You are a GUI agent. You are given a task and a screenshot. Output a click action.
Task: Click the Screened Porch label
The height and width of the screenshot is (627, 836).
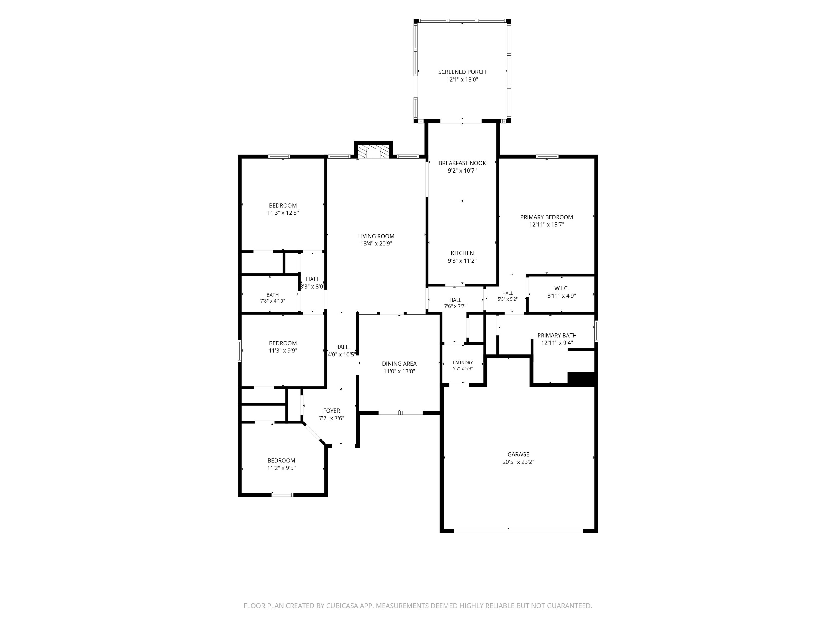coord(462,72)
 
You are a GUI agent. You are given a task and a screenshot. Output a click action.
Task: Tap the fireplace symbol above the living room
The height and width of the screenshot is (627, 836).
coord(373,153)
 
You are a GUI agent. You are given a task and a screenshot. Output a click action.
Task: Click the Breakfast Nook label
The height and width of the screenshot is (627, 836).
coord(462,163)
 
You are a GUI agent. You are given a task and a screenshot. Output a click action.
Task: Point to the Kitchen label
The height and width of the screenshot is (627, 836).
coord(462,253)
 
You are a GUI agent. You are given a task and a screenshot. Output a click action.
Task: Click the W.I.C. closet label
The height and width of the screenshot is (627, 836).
coord(562,288)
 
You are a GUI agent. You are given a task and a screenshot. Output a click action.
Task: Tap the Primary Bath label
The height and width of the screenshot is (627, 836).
coord(557,335)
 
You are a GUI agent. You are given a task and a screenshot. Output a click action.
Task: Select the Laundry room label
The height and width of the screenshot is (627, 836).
coord(463,362)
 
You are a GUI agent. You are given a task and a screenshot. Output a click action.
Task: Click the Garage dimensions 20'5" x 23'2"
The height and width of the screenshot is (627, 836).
coord(518,462)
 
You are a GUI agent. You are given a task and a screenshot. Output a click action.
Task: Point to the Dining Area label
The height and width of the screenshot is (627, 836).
coord(399,364)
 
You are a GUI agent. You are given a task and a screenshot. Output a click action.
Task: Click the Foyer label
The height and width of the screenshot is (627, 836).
coord(331,411)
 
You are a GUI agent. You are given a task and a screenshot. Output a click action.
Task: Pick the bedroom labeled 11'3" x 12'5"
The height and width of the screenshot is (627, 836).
coord(283,209)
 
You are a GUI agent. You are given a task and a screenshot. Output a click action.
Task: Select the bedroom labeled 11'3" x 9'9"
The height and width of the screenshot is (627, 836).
coord(283,347)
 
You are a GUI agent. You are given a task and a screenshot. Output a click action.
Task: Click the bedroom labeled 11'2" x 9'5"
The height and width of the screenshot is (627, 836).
coord(281,464)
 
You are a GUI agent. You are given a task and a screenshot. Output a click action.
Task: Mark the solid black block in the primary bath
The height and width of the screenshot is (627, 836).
coord(582,379)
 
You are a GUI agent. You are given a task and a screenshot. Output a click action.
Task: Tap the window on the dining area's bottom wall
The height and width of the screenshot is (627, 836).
coord(400,413)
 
